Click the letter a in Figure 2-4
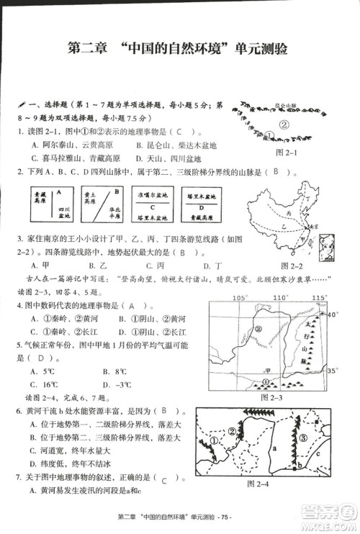tap(275, 447)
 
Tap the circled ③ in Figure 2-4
tap(303, 438)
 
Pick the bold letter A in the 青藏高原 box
tap(56, 192)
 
